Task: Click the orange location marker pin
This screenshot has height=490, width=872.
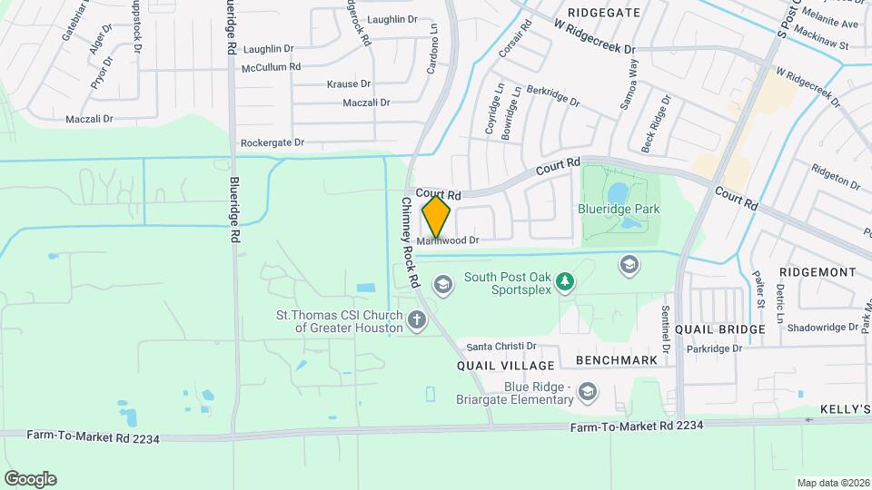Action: pyautogui.click(x=437, y=217)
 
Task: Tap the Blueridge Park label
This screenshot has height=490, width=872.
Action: pyautogui.click(x=619, y=209)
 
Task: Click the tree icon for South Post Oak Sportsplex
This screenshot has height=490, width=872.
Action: pyautogui.click(x=565, y=283)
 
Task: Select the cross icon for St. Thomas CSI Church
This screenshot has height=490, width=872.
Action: pyautogui.click(x=417, y=319)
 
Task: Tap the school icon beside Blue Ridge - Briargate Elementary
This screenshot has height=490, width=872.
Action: pyautogui.click(x=588, y=391)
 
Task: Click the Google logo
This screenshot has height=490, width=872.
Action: pyautogui.click(x=30, y=478)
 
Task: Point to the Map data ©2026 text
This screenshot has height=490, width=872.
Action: pyautogui.click(x=833, y=482)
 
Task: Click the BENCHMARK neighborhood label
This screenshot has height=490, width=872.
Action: pyautogui.click(x=617, y=360)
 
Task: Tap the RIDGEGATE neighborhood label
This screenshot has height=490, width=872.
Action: pyautogui.click(x=603, y=13)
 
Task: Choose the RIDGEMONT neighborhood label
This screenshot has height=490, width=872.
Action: pyautogui.click(x=817, y=272)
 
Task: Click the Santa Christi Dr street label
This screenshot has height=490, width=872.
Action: pyautogui.click(x=501, y=347)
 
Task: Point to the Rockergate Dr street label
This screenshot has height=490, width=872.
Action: pyautogui.click(x=272, y=143)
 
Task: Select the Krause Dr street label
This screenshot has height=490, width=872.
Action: pyautogui.click(x=349, y=84)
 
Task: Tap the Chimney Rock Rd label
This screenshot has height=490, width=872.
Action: pyautogui.click(x=406, y=244)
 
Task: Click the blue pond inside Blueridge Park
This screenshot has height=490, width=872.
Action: pyautogui.click(x=618, y=191)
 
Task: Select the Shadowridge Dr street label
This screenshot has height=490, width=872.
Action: pyautogui.click(x=823, y=328)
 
